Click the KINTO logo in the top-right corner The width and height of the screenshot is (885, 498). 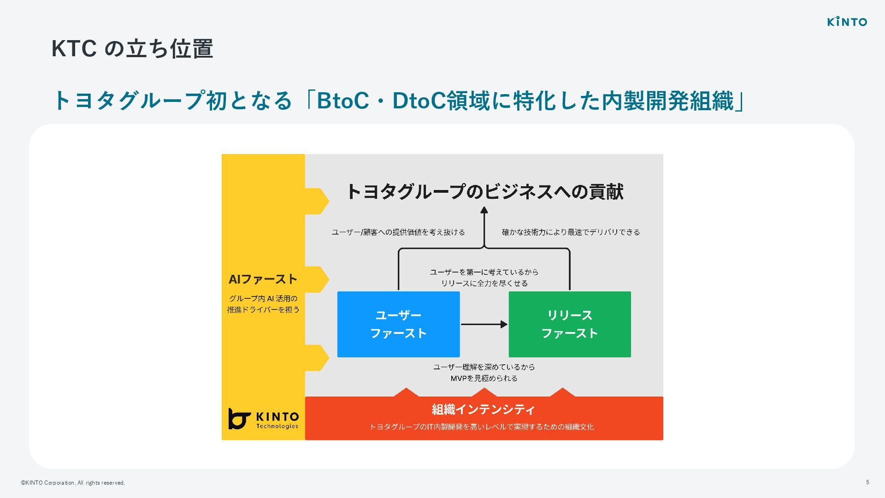click(847, 22)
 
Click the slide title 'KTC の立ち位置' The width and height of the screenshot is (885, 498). click(132, 48)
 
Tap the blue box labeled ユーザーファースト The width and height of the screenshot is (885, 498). click(398, 324)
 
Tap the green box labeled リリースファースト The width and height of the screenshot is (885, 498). click(569, 324)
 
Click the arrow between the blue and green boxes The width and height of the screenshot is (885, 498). click(484, 324)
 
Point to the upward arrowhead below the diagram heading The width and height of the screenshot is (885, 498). click(484, 211)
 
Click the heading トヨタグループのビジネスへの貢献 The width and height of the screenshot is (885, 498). click(484, 191)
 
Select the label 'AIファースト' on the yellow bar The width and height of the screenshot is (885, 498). click(263, 279)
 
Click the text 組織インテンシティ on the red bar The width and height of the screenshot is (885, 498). click(483, 409)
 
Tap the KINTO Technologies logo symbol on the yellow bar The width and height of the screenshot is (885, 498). click(239, 418)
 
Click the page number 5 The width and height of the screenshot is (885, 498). click(867, 482)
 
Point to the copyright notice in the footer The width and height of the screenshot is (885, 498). click(73, 483)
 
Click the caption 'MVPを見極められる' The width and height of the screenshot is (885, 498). click(484, 378)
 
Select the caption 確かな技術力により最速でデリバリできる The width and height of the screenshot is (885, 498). click(571, 232)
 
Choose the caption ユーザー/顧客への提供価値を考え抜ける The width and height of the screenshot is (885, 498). click(398, 232)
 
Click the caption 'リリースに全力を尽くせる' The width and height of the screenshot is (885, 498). click(484, 283)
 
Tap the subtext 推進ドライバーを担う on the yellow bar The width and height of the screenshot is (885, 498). click(263, 309)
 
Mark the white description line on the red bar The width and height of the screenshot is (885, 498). click(482, 427)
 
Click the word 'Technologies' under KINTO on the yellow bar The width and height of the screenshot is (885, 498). click(277, 426)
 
